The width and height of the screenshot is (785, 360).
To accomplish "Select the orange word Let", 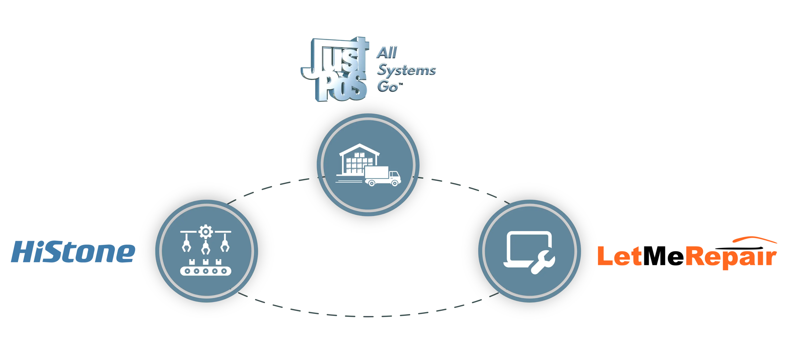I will pyautogui.click(x=620, y=256).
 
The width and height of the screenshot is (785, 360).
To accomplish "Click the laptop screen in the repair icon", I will pyautogui.click(x=527, y=248).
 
